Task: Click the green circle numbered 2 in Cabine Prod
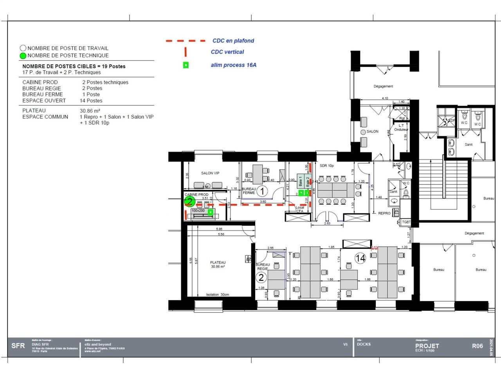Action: [x=189, y=202]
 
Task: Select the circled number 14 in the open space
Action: [x=360, y=258]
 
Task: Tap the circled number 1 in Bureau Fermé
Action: [x=262, y=191]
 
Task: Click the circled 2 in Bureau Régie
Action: [x=261, y=278]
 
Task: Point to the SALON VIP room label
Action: [x=210, y=173]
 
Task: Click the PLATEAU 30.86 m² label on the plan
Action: [x=218, y=264]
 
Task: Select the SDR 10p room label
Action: [x=326, y=166]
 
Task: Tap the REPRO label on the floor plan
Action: [x=384, y=213]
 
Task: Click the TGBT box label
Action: [x=406, y=222]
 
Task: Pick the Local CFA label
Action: [x=299, y=210]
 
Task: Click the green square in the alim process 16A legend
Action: [x=186, y=65]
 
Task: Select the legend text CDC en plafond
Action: [x=233, y=41]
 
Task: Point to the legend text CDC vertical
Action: [x=227, y=52]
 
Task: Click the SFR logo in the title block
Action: [x=18, y=346]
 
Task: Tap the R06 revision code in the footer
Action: [x=477, y=346]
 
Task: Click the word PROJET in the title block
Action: [x=427, y=346]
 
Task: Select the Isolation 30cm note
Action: [x=217, y=295]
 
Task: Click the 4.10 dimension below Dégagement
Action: [x=384, y=98]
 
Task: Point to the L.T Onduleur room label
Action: [x=401, y=127]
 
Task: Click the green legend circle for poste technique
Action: [x=23, y=56]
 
